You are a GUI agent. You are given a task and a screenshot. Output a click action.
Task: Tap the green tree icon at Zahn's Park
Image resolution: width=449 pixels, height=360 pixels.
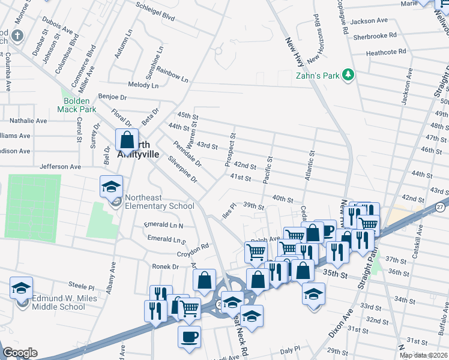pos(347,75)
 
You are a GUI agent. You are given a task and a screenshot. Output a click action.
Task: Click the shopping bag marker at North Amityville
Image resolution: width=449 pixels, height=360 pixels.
pos(127,141)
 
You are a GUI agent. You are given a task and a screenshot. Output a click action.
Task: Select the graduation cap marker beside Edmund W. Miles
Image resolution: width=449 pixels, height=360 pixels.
pos(22,289)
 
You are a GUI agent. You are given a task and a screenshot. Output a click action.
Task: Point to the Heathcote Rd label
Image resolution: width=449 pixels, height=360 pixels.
pos(386,52)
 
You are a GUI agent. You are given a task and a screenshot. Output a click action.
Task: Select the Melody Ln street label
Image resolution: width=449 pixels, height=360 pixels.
pos(143,85)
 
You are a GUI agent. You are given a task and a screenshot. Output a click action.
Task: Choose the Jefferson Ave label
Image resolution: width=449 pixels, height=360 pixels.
pos(59,166)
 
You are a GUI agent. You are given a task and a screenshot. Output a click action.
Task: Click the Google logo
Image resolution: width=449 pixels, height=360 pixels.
pos(20,353)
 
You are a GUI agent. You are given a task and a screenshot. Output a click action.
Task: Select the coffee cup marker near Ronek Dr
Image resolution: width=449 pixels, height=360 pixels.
pos(189,336)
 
